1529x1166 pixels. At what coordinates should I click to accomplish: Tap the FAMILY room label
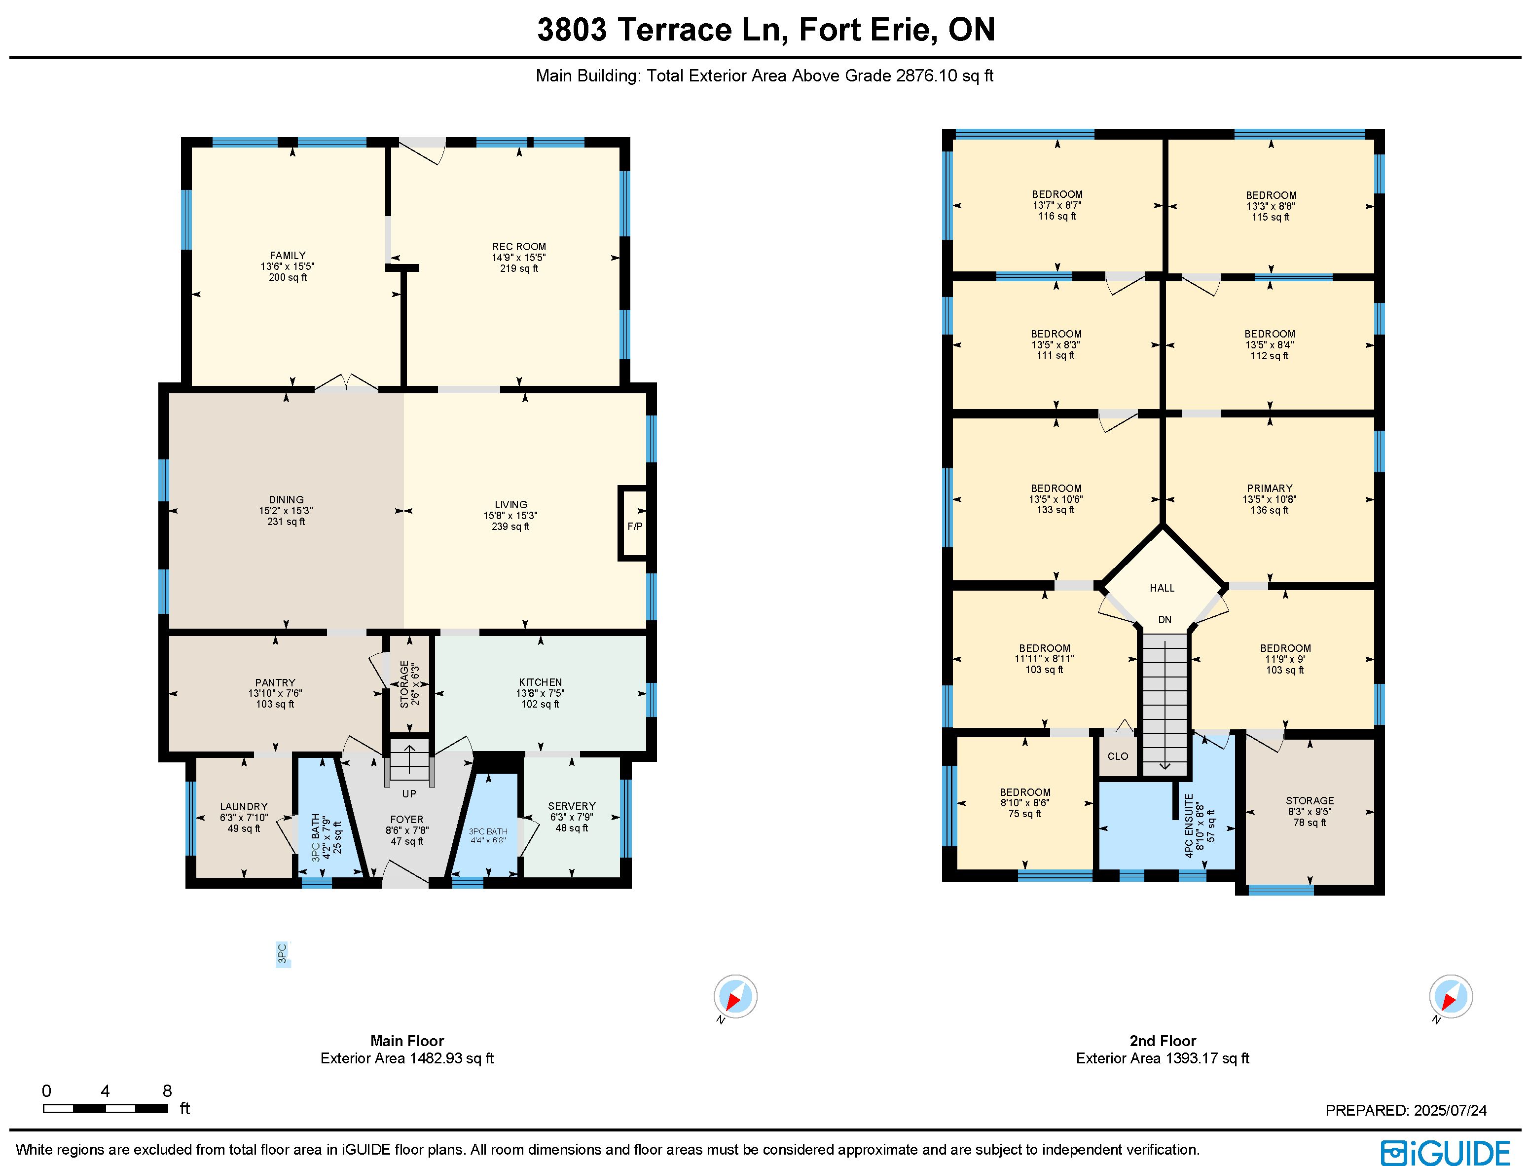click(x=288, y=256)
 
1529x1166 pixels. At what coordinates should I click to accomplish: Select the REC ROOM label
click(x=519, y=246)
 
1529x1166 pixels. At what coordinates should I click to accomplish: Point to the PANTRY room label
click(x=275, y=682)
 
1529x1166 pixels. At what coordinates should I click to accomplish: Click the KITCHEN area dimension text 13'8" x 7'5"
click(x=541, y=693)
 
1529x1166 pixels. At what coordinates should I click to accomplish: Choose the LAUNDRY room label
click(x=244, y=806)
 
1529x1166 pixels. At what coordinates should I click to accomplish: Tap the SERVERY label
click(x=572, y=806)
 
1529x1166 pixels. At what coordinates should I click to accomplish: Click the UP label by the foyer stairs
click(x=409, y=793)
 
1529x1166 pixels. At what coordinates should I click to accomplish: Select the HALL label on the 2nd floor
click(x=1162, y=588)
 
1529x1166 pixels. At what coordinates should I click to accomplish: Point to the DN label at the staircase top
click(x=1165, y=619)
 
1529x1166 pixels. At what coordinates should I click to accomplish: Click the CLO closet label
click(x=1118, y=756)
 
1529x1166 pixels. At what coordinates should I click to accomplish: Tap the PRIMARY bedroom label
click(x=1270, y=488)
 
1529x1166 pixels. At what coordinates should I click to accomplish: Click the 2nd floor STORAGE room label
click(x=1310, y=800)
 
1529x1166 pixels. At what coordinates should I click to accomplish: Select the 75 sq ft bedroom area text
click(x=1024, y=813)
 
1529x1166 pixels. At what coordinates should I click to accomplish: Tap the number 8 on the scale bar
click(x=167, y=1091)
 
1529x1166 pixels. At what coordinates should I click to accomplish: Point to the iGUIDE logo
click(x=1446, y=1153)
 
